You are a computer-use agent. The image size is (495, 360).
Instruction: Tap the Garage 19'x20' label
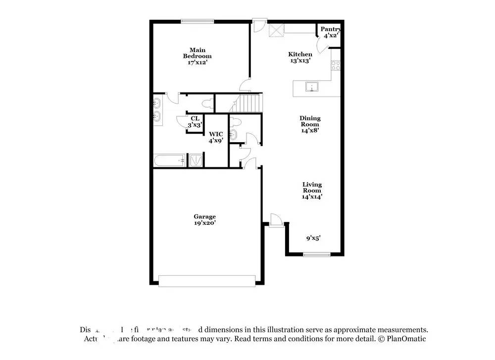tap(204, 220)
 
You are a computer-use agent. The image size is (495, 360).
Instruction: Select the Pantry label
tap(330, 33)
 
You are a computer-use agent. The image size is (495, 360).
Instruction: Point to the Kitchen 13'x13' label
tap(300, 57)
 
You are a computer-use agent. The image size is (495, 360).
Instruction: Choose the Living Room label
tap(312, 191)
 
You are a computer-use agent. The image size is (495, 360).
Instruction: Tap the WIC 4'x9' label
tap(215, 137)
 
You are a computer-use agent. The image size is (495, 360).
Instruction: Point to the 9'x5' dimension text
tap(313, 238)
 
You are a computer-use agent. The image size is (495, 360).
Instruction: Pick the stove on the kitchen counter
tap(336, 65)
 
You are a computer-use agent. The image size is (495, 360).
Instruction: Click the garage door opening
tap(208, 281)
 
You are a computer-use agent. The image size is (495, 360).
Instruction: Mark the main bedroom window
tap(197, 21)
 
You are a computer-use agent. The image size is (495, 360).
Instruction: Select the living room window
tap(317, 255)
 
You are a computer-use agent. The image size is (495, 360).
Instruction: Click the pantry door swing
tap(323, 46)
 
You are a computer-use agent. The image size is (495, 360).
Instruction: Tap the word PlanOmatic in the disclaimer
tap(406, 339)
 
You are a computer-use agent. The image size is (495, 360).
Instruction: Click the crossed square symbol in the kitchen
tap(276, 30)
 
